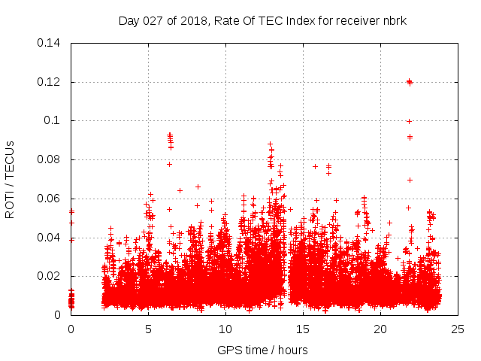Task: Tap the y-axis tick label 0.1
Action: click(54, 121)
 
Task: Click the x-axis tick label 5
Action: click(148, 329)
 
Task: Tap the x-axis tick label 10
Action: click(225, 329)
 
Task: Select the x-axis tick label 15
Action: click(303, 329)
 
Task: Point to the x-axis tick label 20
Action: click(380, 329)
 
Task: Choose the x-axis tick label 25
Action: click(458, 329)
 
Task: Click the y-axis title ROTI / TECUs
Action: click(11, 179)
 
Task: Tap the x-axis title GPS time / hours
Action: click(262, 350)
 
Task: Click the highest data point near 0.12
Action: click(409, 81)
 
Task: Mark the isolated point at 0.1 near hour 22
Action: click(409, 121)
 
